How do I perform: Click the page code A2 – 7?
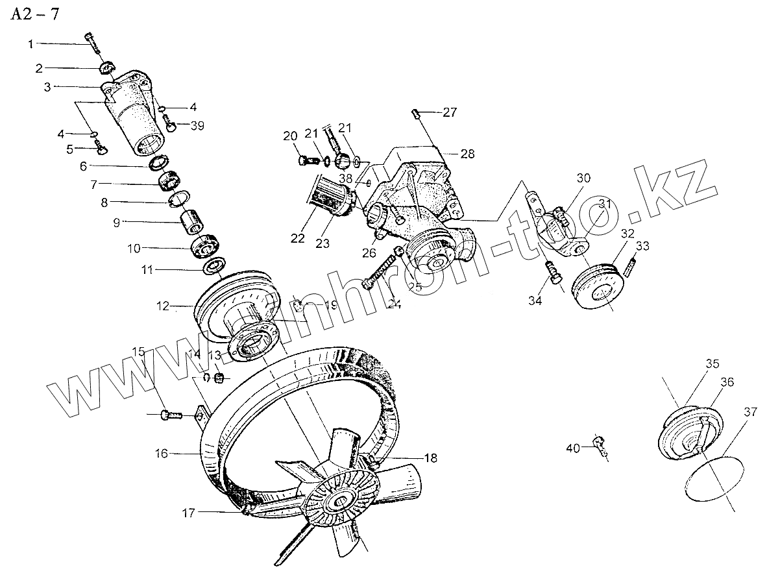click(34, 15)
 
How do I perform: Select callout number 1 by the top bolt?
click(30, 43)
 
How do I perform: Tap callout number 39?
click(197, 126)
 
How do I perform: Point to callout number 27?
click(450, 112)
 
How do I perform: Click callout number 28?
click(467, 154)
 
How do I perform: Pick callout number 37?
click(750, 411)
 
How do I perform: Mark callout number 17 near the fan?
click(188, 513)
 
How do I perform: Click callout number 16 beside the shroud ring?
click(162, 454)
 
